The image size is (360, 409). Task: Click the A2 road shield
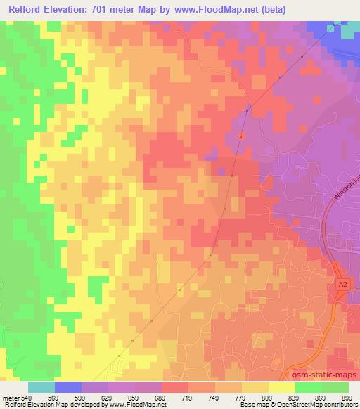tap(342, 284)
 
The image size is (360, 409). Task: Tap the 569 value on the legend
tap(53, 398)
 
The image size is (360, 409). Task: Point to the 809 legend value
tap(266, 398)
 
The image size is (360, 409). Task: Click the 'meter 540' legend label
tap(15, 398)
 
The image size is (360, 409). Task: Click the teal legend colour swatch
tap(41, 387)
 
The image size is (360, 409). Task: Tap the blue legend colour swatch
tap(68, 387)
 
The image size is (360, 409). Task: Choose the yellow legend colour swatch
tap(282, 387)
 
